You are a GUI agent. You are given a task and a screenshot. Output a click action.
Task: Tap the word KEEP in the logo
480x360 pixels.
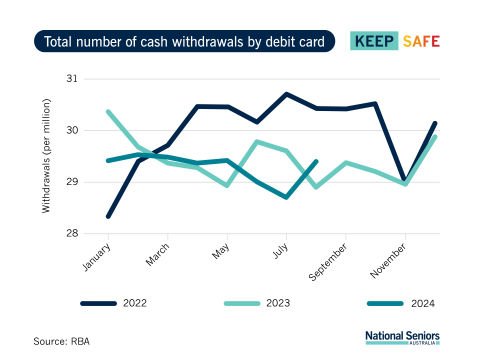coord(376,41)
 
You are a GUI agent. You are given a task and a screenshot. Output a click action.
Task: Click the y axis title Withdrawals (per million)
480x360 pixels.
coord(46,156)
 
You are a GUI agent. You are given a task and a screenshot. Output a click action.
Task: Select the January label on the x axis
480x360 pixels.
coord(97,260)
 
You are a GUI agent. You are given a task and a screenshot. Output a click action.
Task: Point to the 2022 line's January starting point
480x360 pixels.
coord(108,217)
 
